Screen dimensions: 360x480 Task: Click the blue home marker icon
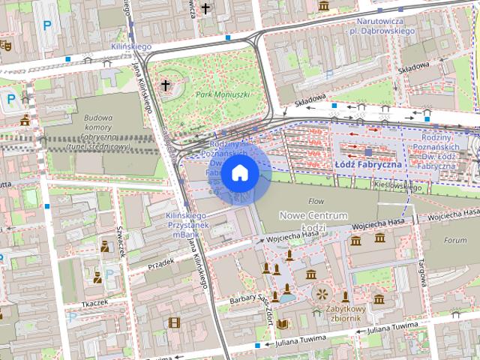239,173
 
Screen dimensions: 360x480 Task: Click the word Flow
316,201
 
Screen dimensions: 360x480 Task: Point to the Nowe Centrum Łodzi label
313,221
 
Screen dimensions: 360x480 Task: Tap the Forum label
454,241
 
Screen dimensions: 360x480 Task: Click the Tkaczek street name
94,302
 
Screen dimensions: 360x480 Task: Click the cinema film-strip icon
174,323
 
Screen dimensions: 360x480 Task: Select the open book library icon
282,324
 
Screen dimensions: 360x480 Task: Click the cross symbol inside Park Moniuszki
165,85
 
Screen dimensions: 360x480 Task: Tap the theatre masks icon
5,45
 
